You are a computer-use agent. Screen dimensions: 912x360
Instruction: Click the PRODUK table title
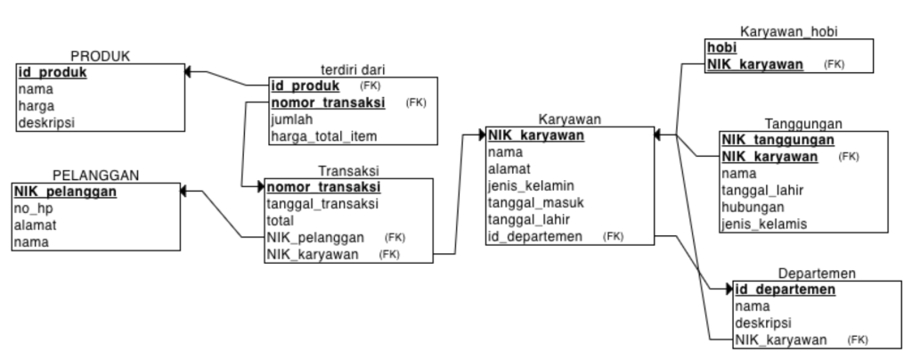[x=100, y=56]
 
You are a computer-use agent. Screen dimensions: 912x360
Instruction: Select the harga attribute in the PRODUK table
[x=36, y=106]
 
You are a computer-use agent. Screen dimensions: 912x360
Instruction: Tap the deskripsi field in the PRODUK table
[x=46, y=123]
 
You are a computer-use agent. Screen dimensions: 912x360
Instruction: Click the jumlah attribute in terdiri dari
[x=292, y=119]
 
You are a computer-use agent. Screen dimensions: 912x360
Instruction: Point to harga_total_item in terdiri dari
[x=324, y=136]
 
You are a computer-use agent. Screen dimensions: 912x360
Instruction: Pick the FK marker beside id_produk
[x=370, y=86]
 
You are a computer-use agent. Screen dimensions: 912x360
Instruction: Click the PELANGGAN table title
[x=96, y=175]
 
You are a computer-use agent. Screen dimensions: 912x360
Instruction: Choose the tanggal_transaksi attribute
[x=322, y=203]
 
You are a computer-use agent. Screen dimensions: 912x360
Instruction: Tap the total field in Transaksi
[x=281, y=220]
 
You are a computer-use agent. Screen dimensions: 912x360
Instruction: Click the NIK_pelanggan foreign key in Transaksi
[x=315, y=237]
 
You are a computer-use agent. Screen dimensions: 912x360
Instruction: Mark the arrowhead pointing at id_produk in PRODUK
[x=188, y=71]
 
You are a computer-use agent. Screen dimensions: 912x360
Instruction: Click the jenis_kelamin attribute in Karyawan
[x=531, y=185]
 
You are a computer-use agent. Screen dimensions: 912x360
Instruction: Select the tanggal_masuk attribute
[x=535, y=202]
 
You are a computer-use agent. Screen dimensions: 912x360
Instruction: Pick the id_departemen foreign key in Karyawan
[x=535, y=236]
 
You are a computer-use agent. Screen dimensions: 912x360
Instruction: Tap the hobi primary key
[x=721, y=47]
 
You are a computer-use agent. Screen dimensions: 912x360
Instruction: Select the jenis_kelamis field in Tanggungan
[x=764, y=224]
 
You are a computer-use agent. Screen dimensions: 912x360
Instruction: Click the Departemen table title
[x=817, y=274]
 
